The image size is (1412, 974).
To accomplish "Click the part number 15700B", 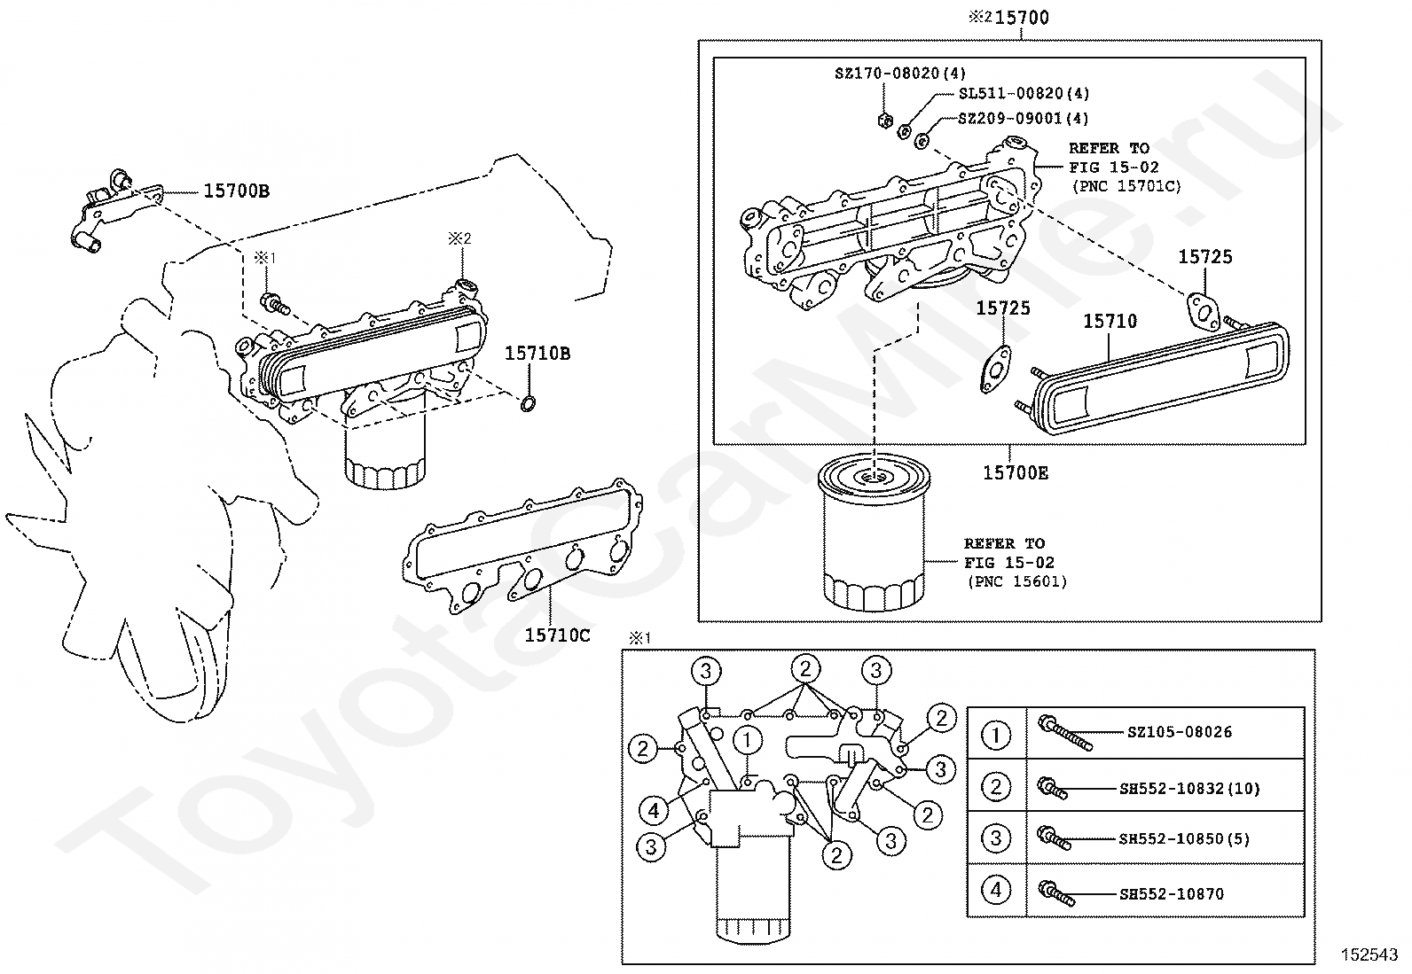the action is click(236, 191).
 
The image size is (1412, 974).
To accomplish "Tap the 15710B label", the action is click(537, 354).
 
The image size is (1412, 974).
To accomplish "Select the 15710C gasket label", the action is click(557, 635).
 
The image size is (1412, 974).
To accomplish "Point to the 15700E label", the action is click(1016, 472).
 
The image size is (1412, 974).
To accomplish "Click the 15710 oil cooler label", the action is click(1110, 322).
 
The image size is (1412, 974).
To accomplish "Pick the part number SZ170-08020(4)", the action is click(900, 74).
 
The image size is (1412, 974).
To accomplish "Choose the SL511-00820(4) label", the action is click(1024, 94).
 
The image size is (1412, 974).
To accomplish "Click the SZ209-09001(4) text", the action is click(1023, 119).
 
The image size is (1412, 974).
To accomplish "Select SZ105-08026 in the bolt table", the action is click(1180, 732).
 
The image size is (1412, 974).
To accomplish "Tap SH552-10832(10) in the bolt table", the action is click(1189, 788).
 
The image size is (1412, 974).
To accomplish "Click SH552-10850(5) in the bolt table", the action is click(1184, 838).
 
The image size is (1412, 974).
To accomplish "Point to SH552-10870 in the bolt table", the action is click(1172, 893).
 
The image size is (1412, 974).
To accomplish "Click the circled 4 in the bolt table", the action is click(996, 890).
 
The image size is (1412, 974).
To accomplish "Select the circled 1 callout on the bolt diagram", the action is click(748, 740).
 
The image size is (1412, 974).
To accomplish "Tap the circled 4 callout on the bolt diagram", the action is click(654, 811).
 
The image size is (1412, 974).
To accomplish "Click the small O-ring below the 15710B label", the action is click(528, 404).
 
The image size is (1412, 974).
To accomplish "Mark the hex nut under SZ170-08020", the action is click(885, 120).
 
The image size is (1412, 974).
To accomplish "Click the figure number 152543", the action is click(1369, 955).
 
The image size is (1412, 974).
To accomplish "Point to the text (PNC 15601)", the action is click(1017, 581).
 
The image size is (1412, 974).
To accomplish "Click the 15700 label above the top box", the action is click(1022, 18).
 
